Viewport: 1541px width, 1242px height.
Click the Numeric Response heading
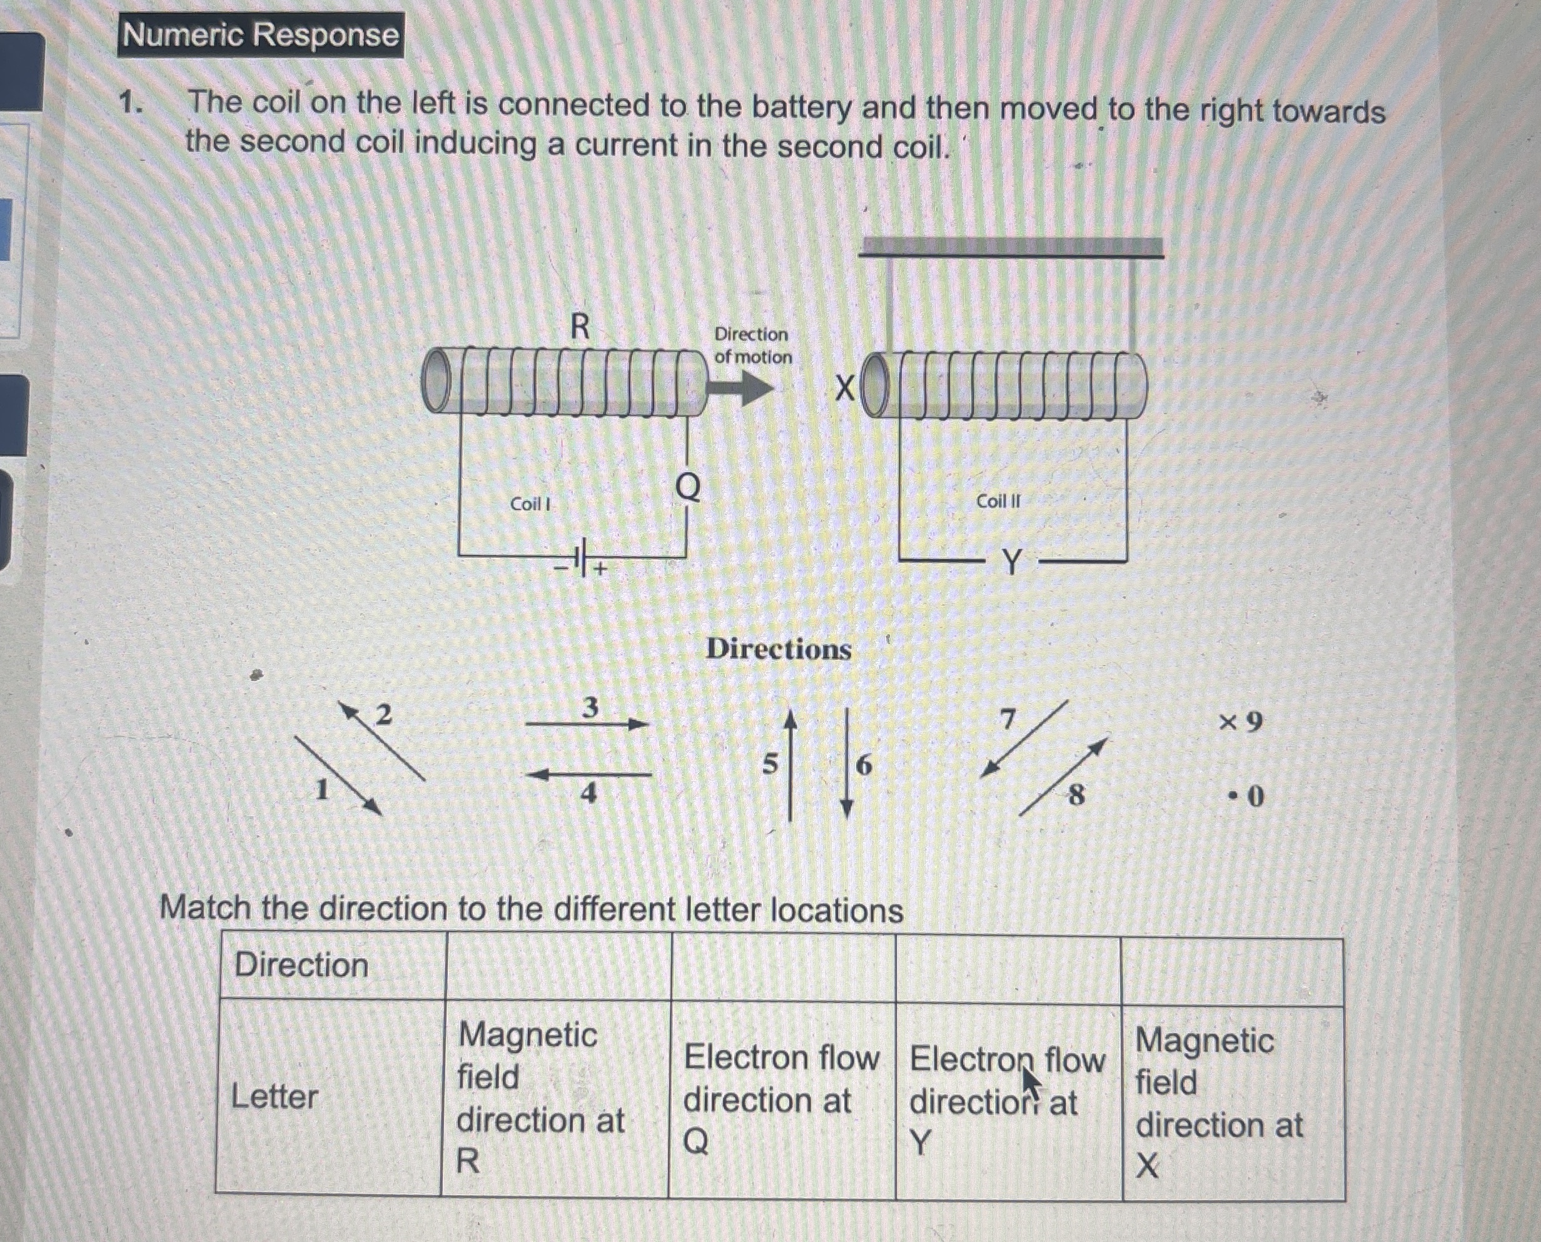pos(260,34)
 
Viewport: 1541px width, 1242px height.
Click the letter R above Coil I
pos(580,327)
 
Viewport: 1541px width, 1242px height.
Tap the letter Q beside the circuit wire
pos(688,488)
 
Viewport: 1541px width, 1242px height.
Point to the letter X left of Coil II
pos(845,390)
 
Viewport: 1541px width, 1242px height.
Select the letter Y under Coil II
pos(1011,562)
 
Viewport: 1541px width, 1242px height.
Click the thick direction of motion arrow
pos(740,388)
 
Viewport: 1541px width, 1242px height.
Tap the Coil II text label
pos(998,501)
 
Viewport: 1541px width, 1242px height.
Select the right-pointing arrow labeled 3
pos(587,725)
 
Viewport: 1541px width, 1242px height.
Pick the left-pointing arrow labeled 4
pos(588,775)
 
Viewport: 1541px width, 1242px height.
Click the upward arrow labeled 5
pos(790,764)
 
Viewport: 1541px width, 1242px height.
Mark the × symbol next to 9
pos(1228,722)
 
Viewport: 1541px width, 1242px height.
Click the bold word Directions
pos(779,649)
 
